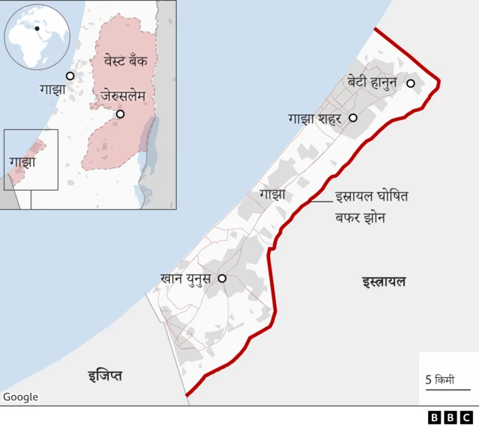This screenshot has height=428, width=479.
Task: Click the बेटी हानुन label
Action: point(372,82)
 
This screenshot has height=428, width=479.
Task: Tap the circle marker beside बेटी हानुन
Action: point(410,83)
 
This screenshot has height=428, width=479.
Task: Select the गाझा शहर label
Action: point(314,118)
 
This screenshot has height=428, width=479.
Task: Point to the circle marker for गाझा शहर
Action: point(353,118)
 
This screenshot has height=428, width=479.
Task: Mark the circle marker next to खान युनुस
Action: point(222,278)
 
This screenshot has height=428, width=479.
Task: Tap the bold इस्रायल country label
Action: point(384,282)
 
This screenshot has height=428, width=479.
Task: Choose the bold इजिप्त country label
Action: point(104,375)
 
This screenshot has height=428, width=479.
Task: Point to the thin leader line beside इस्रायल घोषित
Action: point(322,200)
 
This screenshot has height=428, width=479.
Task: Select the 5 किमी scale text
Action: point(440,379)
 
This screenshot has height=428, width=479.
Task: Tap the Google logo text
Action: point(20,397)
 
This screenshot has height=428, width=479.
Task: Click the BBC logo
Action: point(450,418)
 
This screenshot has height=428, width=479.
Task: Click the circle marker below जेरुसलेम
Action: point(120,114)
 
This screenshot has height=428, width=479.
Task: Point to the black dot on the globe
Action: point(37,28)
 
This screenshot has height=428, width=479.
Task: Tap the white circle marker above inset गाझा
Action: point(70,76)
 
